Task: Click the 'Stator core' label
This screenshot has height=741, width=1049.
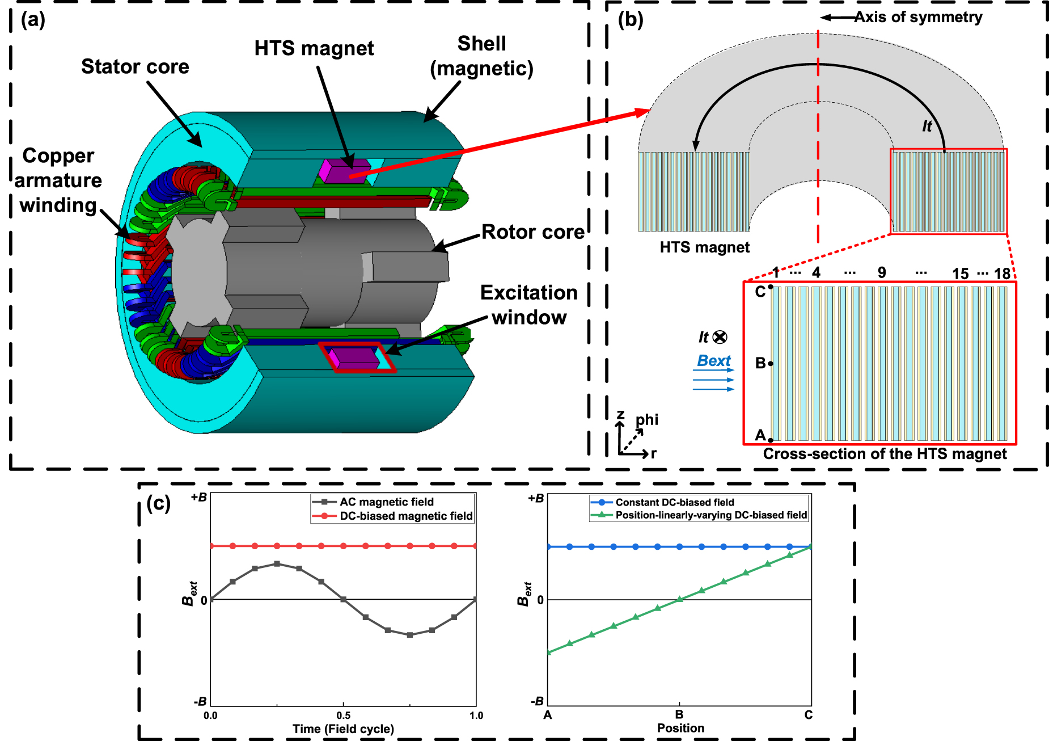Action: tap(135, 66)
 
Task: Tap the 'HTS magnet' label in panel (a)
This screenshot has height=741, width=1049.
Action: tap(314, 48)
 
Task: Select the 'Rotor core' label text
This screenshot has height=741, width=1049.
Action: tap(532, 231)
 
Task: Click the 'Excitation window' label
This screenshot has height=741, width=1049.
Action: tap(528, 305)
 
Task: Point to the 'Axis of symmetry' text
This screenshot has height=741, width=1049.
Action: tap(918, 17)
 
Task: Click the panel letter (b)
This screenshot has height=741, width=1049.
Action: tap(630, 19)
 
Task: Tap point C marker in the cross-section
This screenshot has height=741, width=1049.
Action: tap(771, 287)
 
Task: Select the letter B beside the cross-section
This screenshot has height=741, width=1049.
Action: tap(760, 363)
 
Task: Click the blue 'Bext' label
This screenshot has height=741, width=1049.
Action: tap(714, 361)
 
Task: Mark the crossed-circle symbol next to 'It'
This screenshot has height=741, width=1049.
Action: tap(720, 337)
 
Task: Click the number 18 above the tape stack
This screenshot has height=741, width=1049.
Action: tap(1002, 273)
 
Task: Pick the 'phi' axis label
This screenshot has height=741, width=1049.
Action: tap(647, 419)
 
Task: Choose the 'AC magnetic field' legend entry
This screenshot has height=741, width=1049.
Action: tap(386, 502)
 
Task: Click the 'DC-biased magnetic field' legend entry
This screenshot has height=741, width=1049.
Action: tap(405, 516)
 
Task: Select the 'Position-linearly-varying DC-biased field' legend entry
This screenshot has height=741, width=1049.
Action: tap(711, 515)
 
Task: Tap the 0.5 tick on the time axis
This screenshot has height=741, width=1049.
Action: tap(343, 715)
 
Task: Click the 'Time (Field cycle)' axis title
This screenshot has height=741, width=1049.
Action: tap(343, 729)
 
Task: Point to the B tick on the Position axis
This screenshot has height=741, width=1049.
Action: tap(679, 714)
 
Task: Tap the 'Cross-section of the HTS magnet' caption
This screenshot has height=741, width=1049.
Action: tap(885, 454)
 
